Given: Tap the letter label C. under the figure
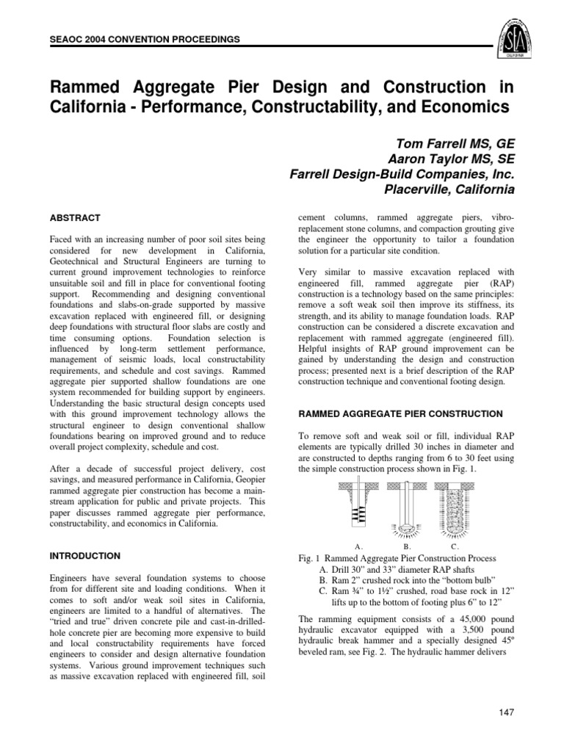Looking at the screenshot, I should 455,546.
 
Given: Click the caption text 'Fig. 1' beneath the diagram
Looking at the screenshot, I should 307,559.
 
